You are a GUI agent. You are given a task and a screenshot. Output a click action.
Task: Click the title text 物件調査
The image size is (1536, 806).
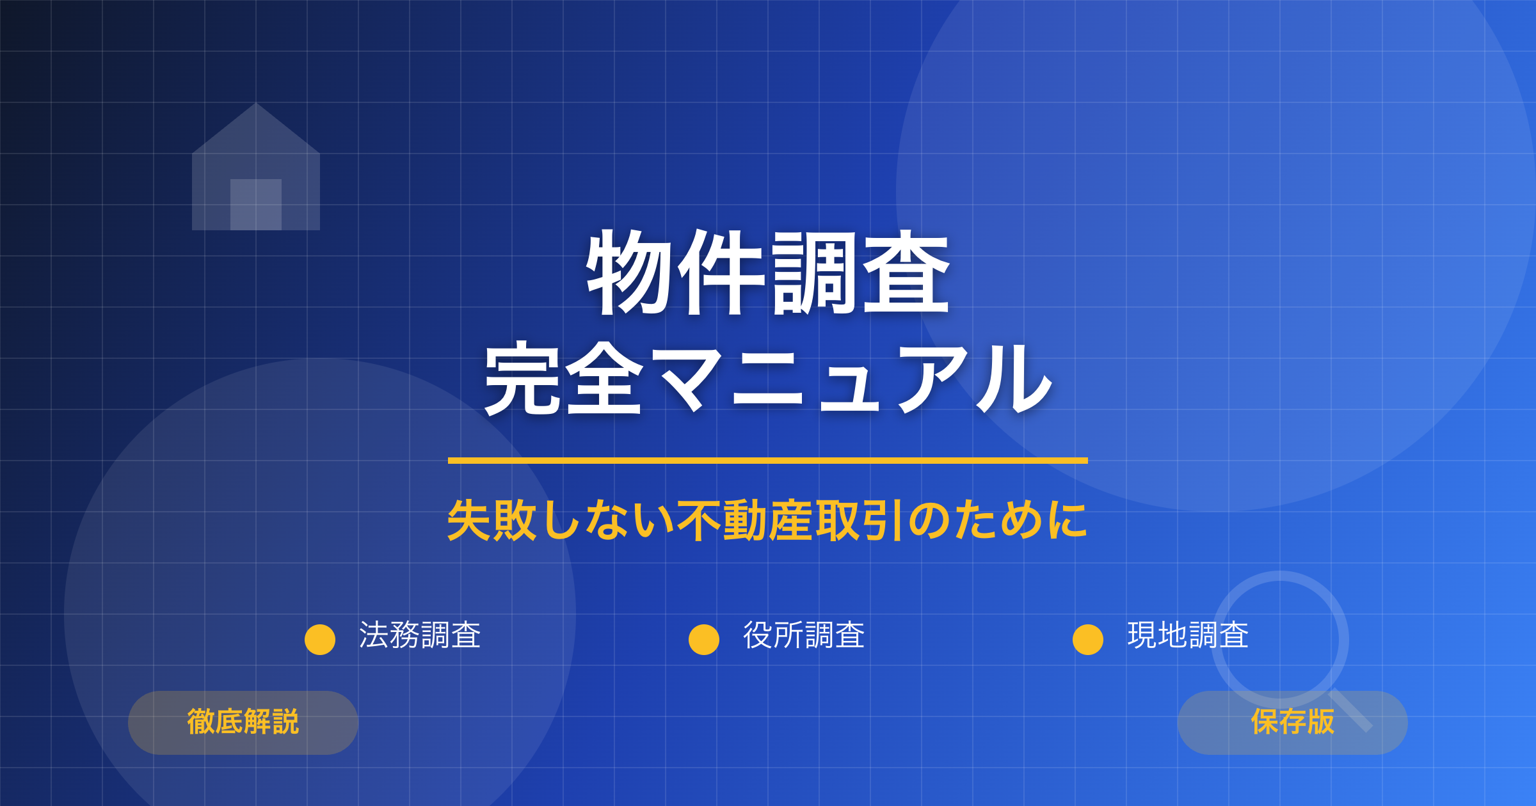point(768,273)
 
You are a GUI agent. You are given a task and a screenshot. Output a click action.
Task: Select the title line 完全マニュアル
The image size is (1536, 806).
point(768,379)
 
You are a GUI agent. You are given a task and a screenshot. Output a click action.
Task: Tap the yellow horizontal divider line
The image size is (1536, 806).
point(768,461)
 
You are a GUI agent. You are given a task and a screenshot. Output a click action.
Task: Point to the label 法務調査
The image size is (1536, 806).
point(420,636)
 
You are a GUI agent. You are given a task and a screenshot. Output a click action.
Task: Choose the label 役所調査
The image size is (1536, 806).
point(804,636)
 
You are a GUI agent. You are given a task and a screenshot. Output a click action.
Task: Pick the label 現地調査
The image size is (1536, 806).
point(1188,636)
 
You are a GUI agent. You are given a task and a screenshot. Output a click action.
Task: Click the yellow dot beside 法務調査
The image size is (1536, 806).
point(320,640)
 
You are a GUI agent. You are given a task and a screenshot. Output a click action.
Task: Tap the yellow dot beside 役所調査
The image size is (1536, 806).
point(704,640)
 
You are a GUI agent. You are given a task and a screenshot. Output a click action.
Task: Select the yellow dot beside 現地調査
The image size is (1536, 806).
point(1088,640)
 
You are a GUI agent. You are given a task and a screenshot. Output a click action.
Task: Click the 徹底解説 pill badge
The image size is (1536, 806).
point(243,722)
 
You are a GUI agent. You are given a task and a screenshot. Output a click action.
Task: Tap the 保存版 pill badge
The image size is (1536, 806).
point(1293,722)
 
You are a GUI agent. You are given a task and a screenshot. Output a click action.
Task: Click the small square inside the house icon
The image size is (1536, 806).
point(256,205)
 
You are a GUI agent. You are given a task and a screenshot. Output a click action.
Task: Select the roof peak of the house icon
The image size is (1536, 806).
point(256,106)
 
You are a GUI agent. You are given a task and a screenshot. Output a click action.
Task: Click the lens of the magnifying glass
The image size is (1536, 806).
point(1280,640)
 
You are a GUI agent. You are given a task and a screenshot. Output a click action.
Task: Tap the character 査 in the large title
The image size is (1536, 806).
point(906,273)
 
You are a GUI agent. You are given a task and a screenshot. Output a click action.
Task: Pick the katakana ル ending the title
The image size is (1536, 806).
point(1014,379)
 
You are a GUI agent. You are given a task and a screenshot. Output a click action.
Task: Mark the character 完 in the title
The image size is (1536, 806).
point(522,379)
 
